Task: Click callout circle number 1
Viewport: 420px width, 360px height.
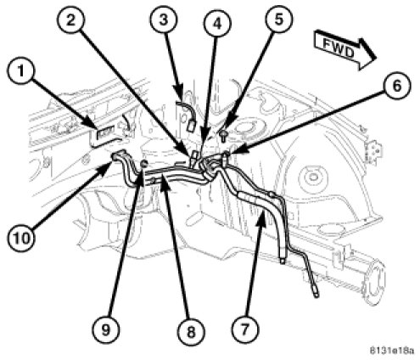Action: click(20, 70)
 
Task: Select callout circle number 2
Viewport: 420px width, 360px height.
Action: click(70, 20)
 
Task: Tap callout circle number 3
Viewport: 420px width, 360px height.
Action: click(164, 20)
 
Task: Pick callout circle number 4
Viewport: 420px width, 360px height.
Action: click(217, 24)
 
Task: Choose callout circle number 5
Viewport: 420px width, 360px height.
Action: click(279, 19)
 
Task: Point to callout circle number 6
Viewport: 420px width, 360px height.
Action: click(397, 86)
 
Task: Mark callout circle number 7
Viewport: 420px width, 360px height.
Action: click(245, 329)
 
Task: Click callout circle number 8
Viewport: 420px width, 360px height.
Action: click(191, 331)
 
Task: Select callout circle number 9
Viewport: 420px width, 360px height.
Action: click(106, 329)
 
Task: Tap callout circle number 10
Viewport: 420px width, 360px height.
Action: click(21, 238)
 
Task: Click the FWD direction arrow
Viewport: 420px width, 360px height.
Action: click(345, 50)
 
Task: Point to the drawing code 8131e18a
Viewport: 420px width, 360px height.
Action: click(392, 351)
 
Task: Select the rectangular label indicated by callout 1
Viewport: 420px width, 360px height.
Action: click(104, 133)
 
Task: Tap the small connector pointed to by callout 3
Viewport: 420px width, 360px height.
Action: click(191, 125)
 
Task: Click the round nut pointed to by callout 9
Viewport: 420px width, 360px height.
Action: click(144, 163)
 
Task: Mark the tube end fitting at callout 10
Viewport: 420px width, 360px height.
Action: click(118, 155)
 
